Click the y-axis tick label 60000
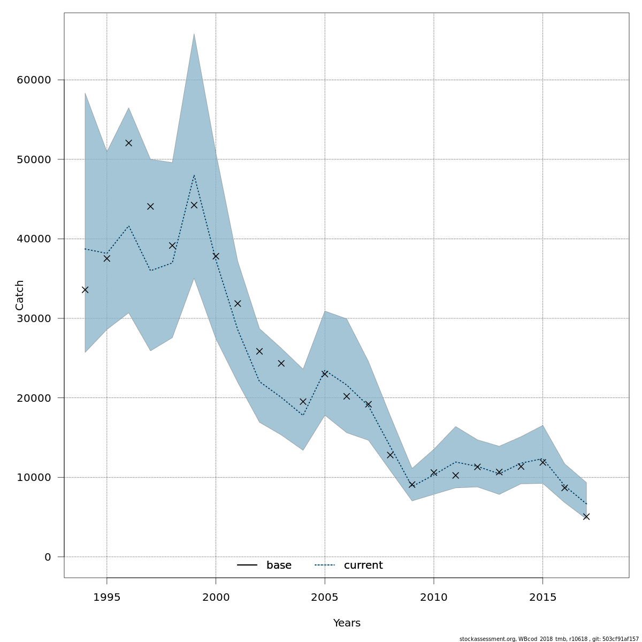point(34,80)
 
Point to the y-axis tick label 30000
point(34,319)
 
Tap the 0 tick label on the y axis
point(48,557)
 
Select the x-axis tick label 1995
point(106,597)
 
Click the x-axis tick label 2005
point(325,597)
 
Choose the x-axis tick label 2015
point(542,597)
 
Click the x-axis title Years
point(347,623)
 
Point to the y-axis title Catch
point(20,295)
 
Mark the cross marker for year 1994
point(85,290)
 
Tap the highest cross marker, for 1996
point(128,143)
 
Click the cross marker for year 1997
point(150,207)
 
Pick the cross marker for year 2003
point(281,363)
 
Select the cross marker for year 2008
point(390,455)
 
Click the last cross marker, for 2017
point(586,516)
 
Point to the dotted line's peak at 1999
point(194,175)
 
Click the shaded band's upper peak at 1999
point(194,34)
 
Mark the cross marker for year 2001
point(238,303)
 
